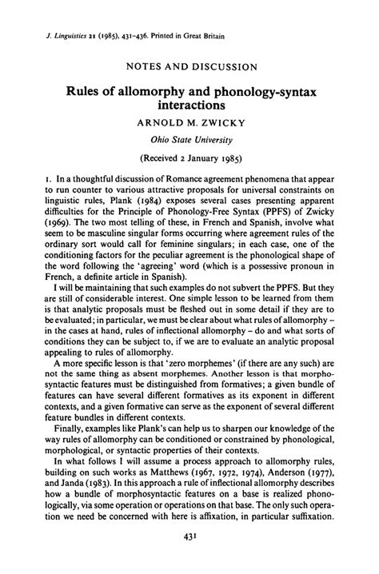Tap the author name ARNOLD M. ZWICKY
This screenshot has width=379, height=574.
(x=189, y=125)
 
